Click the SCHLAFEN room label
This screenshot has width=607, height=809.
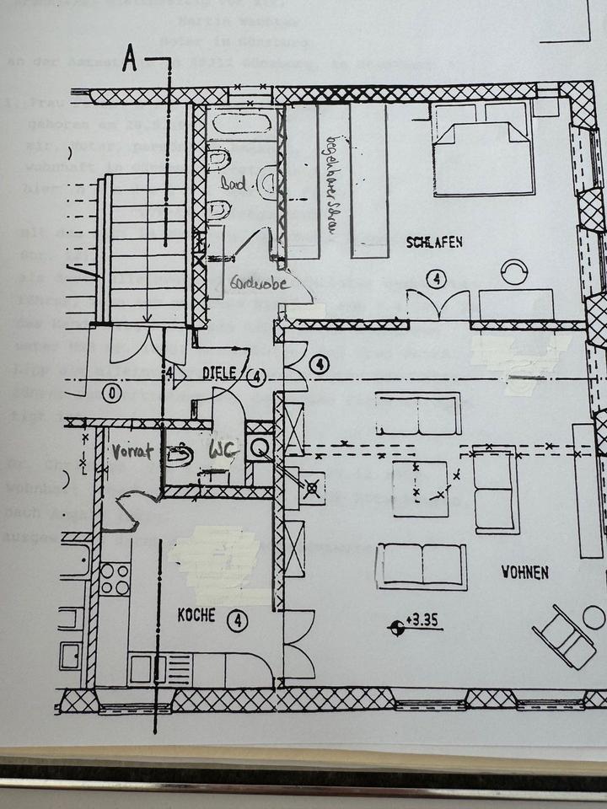coord(434,243)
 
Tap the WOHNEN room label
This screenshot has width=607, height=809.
coord(524,572)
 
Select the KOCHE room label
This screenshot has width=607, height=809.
coord(196,617)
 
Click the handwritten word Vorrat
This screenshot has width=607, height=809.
coord(132,452)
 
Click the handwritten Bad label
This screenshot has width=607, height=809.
coord(233,184)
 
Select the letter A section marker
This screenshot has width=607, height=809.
coord(130,59)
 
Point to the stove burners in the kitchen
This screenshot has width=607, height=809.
coord(114,579)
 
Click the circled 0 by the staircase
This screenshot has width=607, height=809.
coord(110,392)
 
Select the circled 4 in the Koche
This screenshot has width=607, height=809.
coord(239,621)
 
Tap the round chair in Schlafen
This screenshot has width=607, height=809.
coord(513,271)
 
